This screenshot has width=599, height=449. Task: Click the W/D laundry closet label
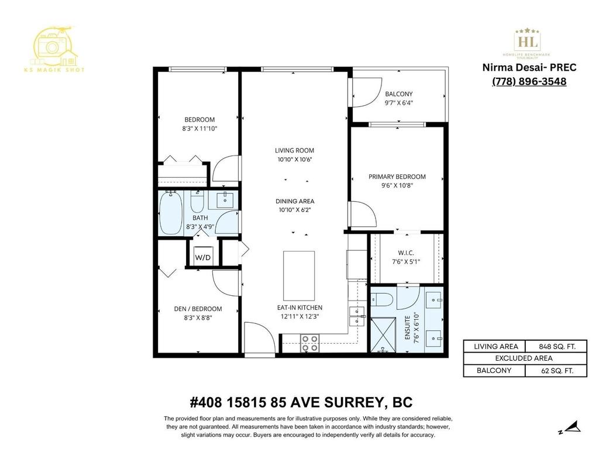202,257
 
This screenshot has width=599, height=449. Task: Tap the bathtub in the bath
171,213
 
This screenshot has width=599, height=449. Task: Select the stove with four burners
309,343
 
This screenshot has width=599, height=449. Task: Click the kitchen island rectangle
298,275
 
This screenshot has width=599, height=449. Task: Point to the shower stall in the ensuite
383,335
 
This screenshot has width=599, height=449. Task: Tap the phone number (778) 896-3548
529,81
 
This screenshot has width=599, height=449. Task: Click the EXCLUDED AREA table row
525,358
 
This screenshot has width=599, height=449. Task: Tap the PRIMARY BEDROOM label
397,177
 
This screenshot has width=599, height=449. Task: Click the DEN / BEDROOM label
198,309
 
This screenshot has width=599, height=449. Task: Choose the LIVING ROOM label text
298,150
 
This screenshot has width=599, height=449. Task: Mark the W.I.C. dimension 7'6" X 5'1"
406,263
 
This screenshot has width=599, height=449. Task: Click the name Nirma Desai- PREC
529,67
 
